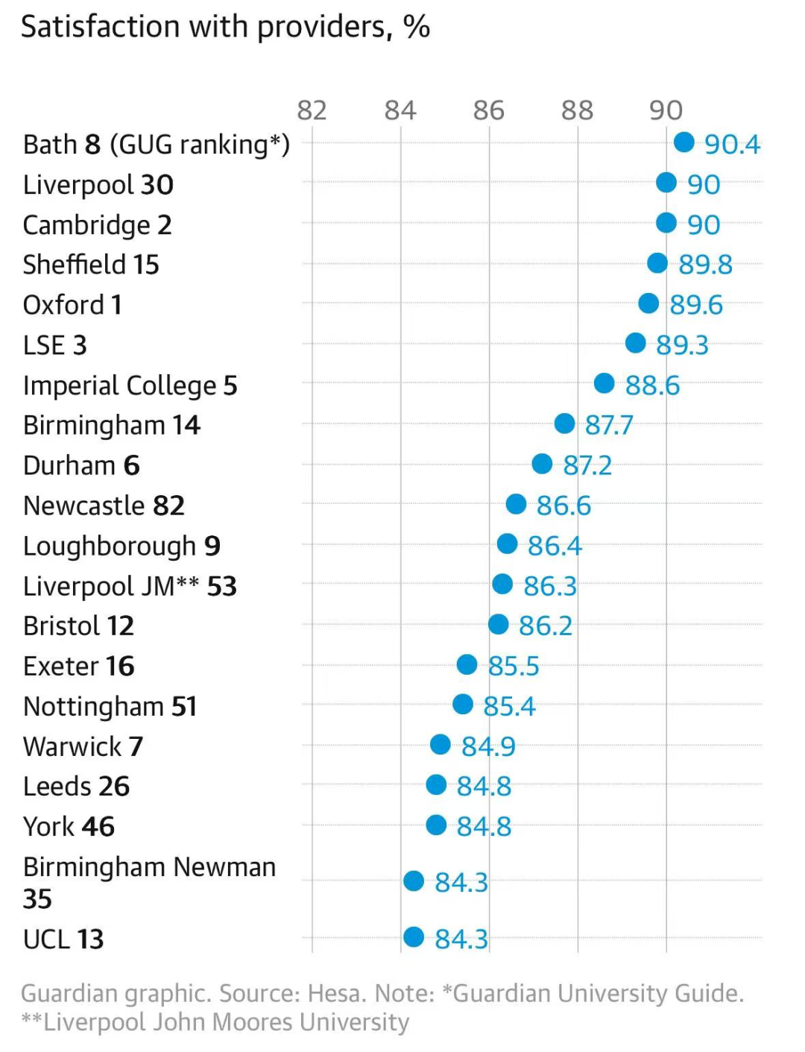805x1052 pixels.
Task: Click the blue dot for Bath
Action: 684,142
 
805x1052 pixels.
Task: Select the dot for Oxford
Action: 648,303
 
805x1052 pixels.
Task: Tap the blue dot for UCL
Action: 414,937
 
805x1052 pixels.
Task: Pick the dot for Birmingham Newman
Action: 414,881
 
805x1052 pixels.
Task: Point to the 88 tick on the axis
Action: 578,110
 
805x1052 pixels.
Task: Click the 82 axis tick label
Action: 312,110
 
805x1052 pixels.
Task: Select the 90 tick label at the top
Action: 666,110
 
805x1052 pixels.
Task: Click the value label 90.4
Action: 732,144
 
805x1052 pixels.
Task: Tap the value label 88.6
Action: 652,385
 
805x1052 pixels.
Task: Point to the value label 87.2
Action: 587,465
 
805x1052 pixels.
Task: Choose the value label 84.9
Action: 488,747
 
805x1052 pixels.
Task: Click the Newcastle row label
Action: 104,505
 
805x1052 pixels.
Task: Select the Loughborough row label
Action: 121,547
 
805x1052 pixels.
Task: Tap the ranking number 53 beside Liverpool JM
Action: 222,586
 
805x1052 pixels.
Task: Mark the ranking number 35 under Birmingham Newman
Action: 37,899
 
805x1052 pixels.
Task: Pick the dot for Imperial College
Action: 604,383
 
